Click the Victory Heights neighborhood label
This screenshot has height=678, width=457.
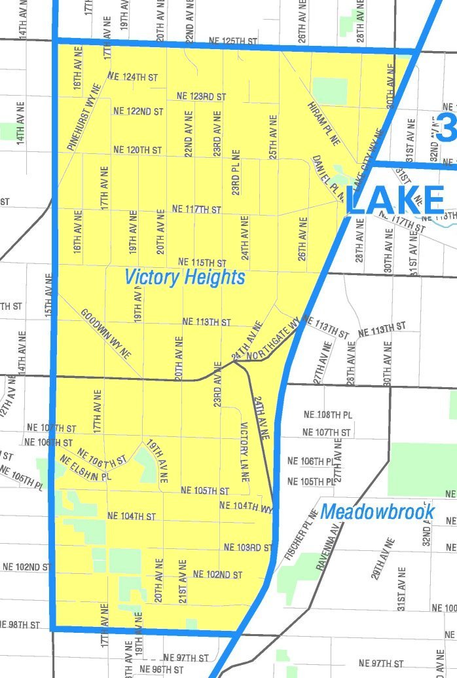(185, 277)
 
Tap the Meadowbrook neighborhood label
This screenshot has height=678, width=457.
(377, 511)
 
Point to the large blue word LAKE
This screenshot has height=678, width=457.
(395, 200)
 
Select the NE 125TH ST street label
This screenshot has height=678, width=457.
(232, 41)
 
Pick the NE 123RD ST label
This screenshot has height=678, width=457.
(201, 96)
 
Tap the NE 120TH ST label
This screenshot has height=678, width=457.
(137, 150)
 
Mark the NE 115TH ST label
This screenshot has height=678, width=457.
(202, 262)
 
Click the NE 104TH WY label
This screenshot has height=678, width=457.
(245, 506)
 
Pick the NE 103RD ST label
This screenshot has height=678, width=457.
(247, 546)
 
